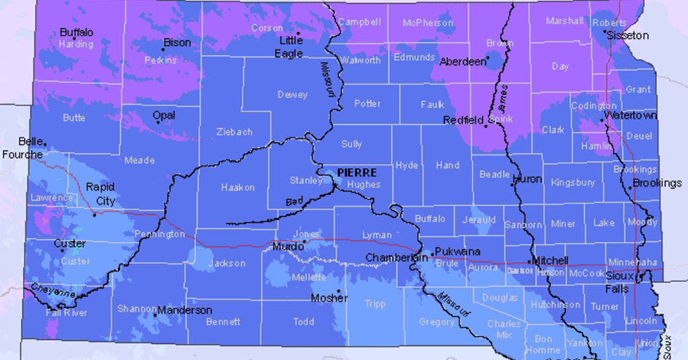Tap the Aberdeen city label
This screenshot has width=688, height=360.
point(462,61)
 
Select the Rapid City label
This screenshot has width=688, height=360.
point(100,194)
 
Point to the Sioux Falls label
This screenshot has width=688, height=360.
point(617,282)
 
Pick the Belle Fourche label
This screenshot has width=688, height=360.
point(22,148)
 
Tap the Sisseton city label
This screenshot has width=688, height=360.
point(628,35)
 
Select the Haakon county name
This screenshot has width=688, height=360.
point(238,188)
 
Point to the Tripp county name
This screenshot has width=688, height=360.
point(375,304)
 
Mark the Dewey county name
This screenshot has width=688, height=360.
point(292,95)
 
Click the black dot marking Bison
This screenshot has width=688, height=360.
point(163,48)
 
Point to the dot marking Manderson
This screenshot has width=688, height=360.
point(155,314)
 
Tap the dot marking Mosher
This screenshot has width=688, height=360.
point(338,292)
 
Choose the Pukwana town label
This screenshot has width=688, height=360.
point(458,251)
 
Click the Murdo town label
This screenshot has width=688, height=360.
point(288,247)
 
